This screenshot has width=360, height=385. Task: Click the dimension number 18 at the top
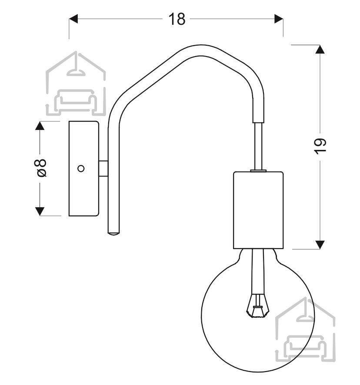point(177,19)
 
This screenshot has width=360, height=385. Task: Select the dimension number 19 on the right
point(320,146)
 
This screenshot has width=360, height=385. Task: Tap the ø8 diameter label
point(40,168)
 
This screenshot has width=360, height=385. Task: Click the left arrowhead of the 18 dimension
point(73,19)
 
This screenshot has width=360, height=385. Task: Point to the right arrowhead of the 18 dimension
point(279,19)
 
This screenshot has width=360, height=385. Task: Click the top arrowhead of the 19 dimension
point(320,50)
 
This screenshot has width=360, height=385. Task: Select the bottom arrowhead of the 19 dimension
point(320,245)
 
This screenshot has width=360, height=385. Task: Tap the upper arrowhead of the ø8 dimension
point(40,126)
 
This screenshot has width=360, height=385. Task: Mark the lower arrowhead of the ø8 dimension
point(40,212)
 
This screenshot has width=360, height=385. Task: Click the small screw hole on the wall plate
point(81,169)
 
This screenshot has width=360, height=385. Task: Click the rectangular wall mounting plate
point(84,169)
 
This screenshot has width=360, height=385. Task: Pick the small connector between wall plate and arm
point(103,169)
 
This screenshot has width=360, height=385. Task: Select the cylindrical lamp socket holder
point(258,210)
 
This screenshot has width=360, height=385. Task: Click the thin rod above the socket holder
point(258,146)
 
